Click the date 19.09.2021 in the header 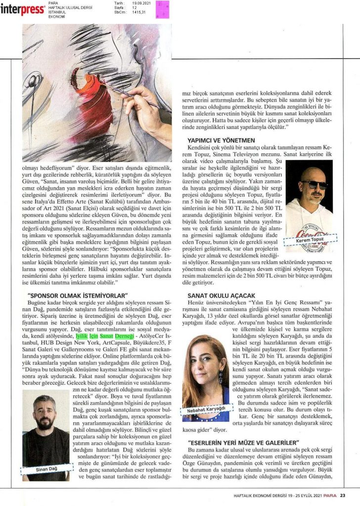pyautogui.click(x=140, y=2)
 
